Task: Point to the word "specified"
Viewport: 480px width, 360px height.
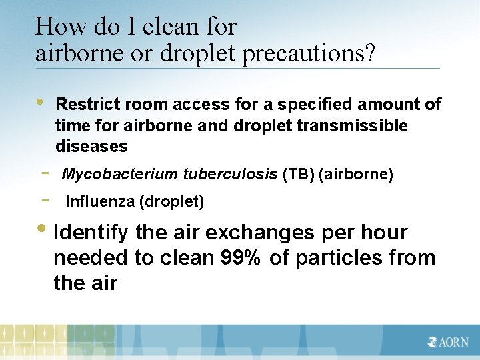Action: coord(316,105)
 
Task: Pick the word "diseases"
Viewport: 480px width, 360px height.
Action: coord(91,146)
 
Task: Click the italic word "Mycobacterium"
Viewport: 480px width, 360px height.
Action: coord(119,175)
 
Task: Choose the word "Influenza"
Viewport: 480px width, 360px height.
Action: coord(99,201)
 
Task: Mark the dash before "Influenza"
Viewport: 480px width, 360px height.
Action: coord(45,199)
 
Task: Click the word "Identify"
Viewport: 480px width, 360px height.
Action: coord(91,233)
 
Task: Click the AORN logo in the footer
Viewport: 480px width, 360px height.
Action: coord(449,341)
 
